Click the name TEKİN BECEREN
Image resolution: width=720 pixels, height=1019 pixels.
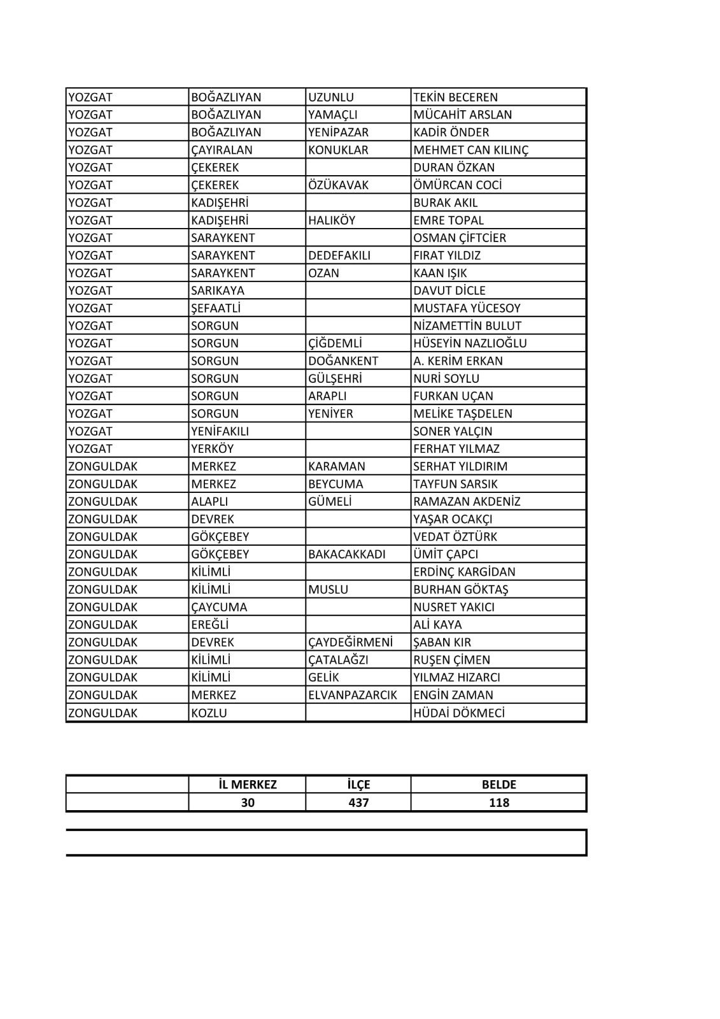click(455, 97)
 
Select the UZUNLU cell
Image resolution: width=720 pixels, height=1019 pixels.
click(330, 97)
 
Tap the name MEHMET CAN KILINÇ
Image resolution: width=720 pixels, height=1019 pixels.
click(470, 150)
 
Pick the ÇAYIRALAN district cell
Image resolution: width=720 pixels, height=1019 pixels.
click(222, 150)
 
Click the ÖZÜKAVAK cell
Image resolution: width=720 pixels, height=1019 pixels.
click(338, 185)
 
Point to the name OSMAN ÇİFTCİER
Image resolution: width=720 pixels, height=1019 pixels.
click(459, 238)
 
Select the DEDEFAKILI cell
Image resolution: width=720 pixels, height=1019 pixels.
click(339, 255)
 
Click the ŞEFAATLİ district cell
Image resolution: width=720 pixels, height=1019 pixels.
click(215, 308)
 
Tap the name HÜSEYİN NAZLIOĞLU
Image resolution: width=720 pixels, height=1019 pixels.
click(470, 343)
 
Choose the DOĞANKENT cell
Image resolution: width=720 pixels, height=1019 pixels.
click(342, 361)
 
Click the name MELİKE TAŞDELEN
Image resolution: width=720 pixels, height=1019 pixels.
click(462, 414)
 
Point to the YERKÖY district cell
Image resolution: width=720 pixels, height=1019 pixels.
click(212, 449)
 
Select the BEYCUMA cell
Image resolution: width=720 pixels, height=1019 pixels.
click(335, 484)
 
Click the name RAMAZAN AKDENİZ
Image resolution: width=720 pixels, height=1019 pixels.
click(467, 502)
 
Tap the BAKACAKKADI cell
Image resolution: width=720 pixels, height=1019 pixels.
click(346, 555)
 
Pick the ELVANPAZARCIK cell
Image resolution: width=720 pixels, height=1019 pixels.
click(352, 695)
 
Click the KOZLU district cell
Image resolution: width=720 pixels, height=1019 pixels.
click(209, 713)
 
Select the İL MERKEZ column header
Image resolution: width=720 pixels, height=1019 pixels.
click(247, 785)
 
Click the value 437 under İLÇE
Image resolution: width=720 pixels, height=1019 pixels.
click(358, 803)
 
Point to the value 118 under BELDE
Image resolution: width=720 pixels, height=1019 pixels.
click(498, 803)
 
